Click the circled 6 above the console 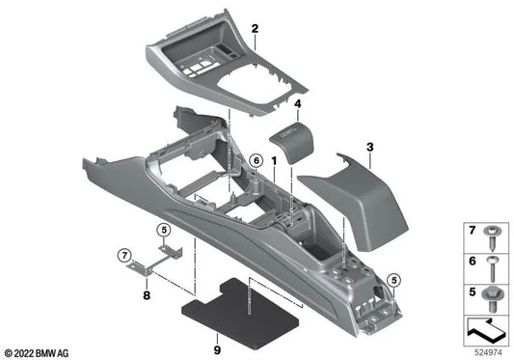(256, 159)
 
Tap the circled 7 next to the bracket (122, 254)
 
